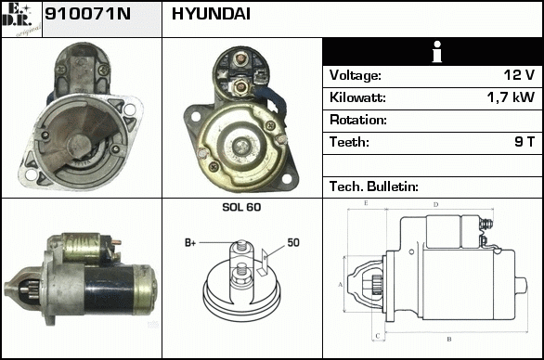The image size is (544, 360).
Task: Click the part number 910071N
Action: point(88,14)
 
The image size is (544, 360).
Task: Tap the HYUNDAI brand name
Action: point(211,14)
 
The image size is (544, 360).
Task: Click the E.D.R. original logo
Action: point(20,19)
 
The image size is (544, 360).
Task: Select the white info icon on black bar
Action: point(437,52)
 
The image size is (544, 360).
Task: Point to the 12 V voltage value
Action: point(519,75)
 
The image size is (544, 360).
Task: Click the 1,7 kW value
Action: point(511,97)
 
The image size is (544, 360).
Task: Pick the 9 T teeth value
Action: point(525,142)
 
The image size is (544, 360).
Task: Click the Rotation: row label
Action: point(358,120)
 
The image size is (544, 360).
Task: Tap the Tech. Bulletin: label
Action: point(374,186)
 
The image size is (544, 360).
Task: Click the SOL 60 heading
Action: point(241,207)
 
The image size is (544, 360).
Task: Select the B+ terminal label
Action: point(190,243)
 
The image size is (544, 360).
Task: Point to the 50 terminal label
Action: point(293,242)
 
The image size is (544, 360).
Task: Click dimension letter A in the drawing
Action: point(341,285)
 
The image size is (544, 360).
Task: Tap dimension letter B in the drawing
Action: point(449,340)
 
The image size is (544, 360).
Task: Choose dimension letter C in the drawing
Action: point(378,336)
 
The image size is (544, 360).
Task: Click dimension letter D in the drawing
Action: point(436,205)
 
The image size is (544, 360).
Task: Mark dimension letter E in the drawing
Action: point(366,203)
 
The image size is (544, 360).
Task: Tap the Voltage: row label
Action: point(356,75)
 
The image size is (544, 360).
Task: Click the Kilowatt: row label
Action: point(357,97)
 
